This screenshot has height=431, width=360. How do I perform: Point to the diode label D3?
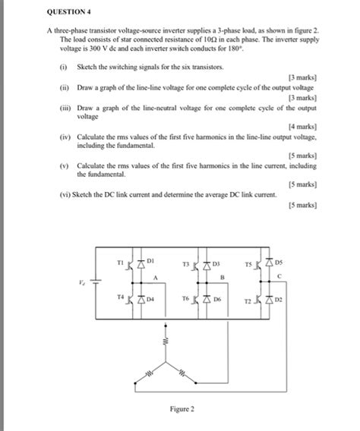[216, 263]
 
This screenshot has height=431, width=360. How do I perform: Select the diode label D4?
[150, 300]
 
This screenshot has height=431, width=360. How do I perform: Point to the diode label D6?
[216, 300]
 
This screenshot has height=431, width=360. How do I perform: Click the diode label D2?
[279, 300]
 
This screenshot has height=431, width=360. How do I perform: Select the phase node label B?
[221, 278]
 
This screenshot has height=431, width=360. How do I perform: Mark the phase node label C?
[279, 275]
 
